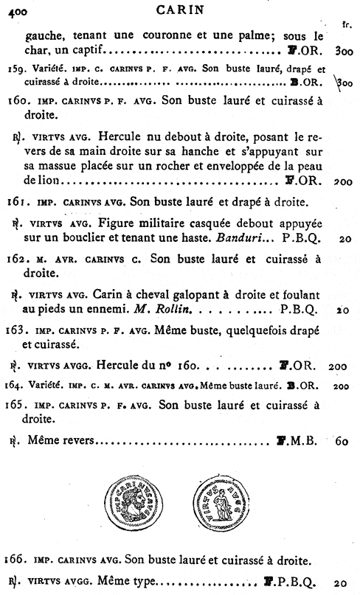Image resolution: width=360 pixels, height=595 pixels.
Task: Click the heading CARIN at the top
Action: click(179, 10)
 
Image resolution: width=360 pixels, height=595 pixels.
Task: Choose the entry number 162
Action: click(16, 259)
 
